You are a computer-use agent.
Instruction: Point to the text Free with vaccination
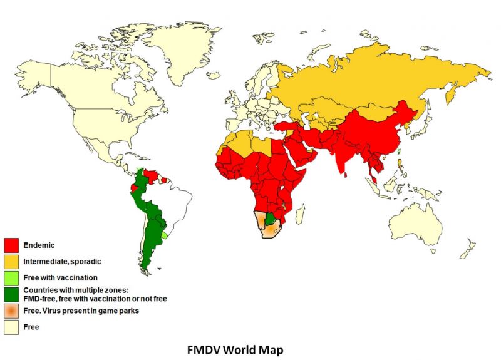[x=60, y=276]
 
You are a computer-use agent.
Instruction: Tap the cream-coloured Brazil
[x=172, y=200]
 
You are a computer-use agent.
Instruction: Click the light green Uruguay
[x=165, y=235]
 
